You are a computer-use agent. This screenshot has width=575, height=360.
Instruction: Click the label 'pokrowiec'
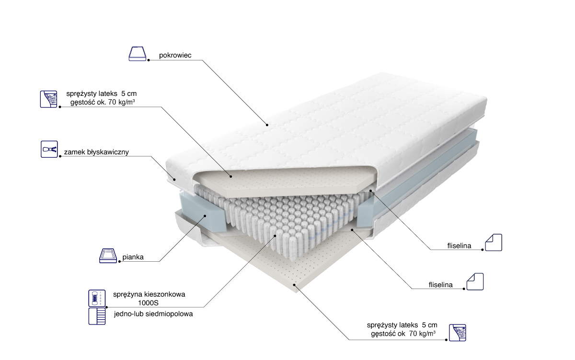pyautogui.click(x=175, y=56)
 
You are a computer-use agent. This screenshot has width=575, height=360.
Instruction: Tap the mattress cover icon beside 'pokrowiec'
pyautogui.click(x=138, y=54)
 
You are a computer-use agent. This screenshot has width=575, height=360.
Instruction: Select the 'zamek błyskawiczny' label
pyautogui.click(x=96, y=152)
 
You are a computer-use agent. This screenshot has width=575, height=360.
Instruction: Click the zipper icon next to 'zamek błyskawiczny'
pyautogui.click(x=49, y=149)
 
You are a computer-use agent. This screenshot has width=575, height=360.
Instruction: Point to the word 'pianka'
pyautogui.click(x=133, y=257)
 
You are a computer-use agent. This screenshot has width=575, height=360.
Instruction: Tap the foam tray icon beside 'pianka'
pyautogui.click(x=108, y=256)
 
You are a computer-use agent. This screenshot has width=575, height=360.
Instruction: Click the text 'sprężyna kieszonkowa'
pyautogui.click(x=149, y=294)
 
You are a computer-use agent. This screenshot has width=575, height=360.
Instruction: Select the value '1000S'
pyautogui.click(x=149, y=303)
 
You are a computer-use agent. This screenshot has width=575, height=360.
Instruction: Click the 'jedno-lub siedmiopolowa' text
pyautogui.click(x=153, y=314)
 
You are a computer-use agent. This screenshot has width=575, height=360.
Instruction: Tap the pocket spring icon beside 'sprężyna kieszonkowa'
pyautogui.click(x=97, y=298)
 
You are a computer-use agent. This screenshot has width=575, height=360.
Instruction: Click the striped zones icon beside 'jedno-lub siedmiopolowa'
pyautogui.click(x=97, y=316)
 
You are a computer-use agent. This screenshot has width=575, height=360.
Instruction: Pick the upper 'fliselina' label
pyautogui.click(x=459, y=246)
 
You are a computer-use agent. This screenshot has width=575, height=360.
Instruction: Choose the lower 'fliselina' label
pyautogui.click(x=440, y=285)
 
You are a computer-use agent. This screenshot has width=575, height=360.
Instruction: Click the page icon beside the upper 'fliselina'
pyautogui.click(x=494, y=243)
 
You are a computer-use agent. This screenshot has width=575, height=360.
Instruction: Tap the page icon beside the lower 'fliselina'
pyautogui.click(x=475, y=282)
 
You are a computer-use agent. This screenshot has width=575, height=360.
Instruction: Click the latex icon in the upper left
pyautogui.click(x=48, y=99)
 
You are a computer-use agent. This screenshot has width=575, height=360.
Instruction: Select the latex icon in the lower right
pyautogui.click(x=458, y=333)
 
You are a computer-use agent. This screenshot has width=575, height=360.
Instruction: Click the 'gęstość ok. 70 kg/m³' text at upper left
pyautogui.click(x=103, y=103)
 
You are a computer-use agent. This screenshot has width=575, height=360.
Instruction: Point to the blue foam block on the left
pyautogui.click(x=203, y=211)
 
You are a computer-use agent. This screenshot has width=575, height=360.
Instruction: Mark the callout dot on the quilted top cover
pyautogui.click(x=267, y=125)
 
